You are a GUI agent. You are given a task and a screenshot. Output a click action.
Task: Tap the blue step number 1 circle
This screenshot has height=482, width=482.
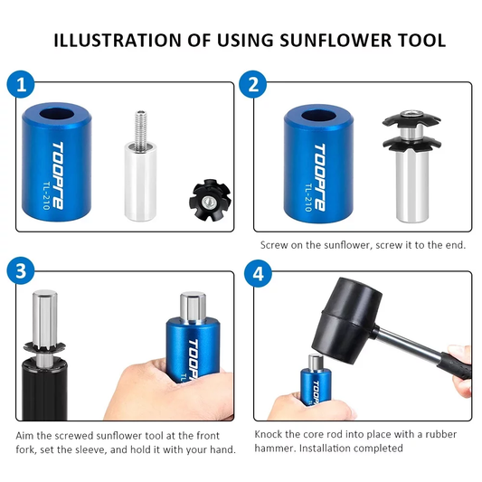point(21,84)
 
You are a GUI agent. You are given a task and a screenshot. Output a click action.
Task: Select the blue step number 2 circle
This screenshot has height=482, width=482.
point(253,84)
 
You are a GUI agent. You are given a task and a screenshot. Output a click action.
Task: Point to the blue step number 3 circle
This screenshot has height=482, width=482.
point(21,272)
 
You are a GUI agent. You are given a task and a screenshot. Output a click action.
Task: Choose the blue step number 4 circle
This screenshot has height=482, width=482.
point(259,273)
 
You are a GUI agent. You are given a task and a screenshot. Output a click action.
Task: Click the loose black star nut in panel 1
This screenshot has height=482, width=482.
point(211,201)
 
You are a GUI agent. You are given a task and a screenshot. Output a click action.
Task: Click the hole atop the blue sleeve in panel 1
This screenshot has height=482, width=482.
point(57,115)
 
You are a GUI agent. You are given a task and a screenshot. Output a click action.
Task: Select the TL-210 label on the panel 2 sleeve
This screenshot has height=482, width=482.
point(309,197)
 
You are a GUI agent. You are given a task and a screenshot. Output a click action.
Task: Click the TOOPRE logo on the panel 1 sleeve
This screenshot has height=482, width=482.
point(58,175)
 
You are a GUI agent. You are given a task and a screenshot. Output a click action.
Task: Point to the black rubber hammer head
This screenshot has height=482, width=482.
point(347,320)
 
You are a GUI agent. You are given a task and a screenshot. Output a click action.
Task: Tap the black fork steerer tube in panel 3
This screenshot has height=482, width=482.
point(44,390)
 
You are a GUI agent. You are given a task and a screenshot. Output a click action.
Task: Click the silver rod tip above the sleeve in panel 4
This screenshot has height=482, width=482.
point(316,362)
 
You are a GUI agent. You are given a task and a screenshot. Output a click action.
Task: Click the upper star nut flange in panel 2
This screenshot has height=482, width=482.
point(411,119)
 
